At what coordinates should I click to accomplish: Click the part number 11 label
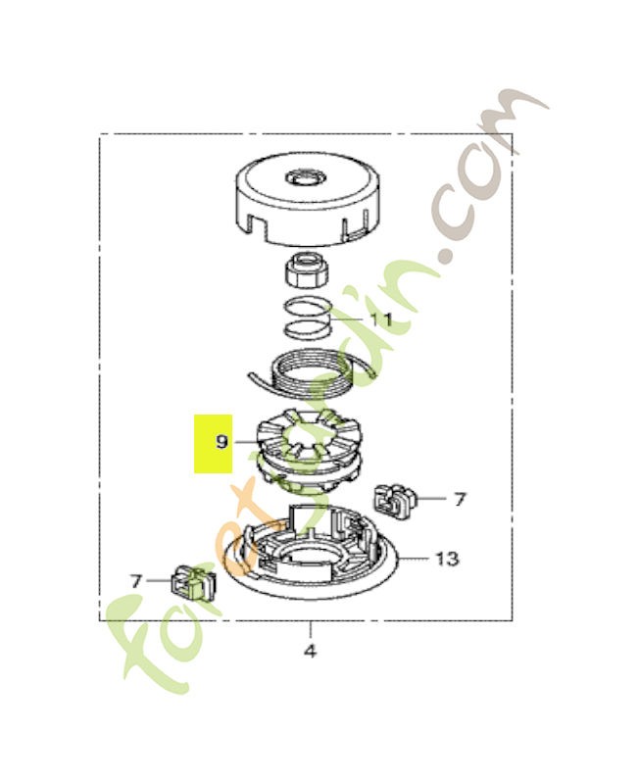click(380, 319)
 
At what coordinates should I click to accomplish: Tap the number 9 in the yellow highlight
click(222, 442)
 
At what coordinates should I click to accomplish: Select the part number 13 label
click(447, 559)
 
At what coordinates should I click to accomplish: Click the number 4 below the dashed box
click(310, 652)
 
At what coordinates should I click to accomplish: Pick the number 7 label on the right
click(460, 499)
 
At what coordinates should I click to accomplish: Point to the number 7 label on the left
click(136, 581)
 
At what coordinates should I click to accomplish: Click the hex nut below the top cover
click(306, 270)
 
